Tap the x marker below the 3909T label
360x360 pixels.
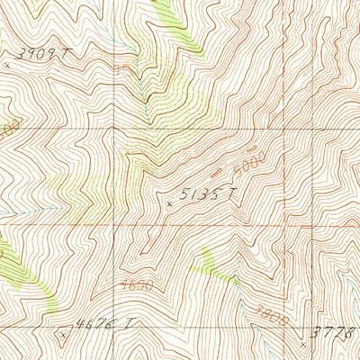[9, 65]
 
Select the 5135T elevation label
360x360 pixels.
[206, 194]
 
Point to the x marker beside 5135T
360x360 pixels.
[170, 204]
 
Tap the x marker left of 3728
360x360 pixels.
[302, 343]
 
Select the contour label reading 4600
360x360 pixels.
[130, 284]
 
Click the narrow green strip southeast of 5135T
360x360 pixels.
[216, 265]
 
